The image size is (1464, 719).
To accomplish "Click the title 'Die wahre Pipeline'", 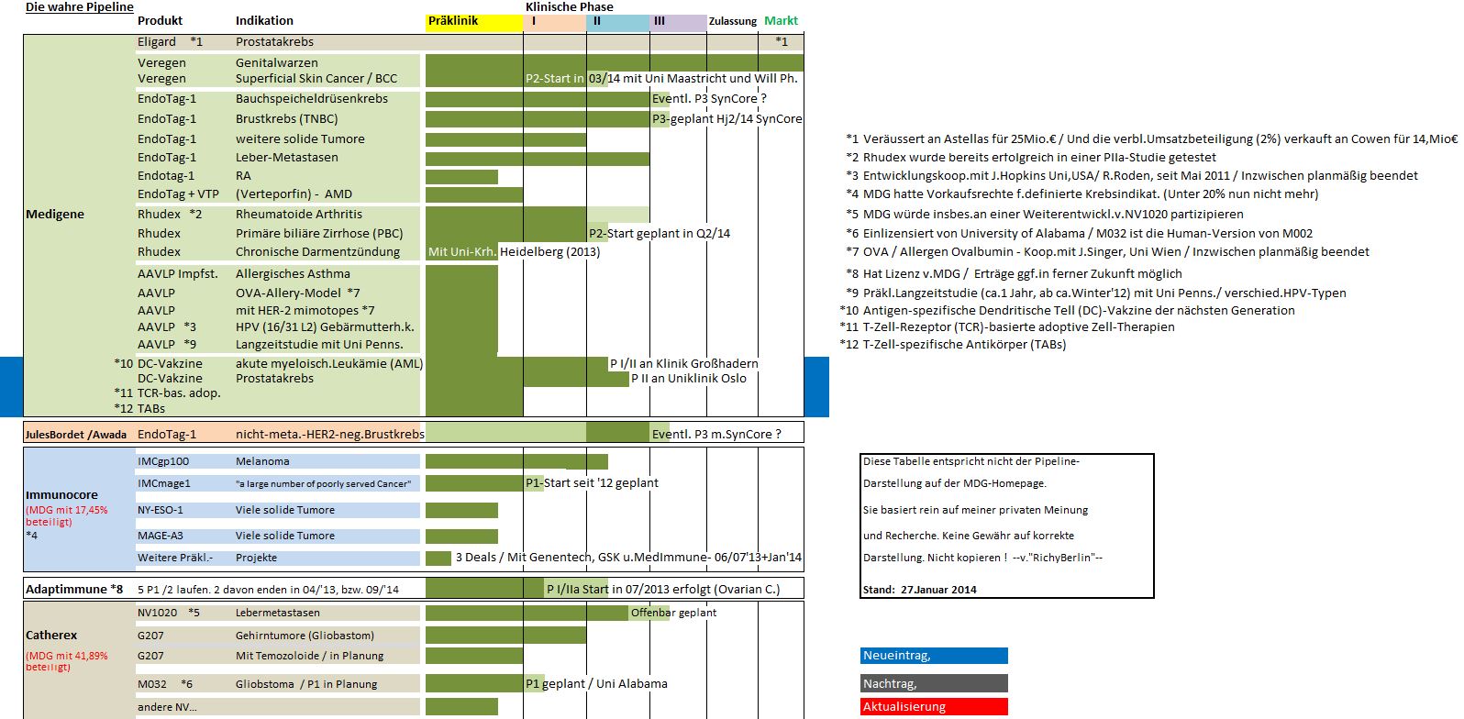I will [x=80, y=7].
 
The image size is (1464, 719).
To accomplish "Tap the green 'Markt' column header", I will [x=781, y=21].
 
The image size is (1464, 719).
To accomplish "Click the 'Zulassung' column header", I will [x=733, y=21].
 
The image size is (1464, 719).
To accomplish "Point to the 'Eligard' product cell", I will [x=157, y=42].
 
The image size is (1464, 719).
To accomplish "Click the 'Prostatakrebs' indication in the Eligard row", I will [x=274, y=42].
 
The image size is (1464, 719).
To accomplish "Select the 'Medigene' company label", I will [x=55, y=215].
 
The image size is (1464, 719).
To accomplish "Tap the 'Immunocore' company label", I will [x=61, y=495].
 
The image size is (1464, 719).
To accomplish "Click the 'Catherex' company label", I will [x=51, y=636].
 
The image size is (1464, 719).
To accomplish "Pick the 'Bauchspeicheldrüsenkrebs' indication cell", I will [x=312, y=99].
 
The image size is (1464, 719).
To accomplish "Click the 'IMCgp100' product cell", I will [x=163, y=461].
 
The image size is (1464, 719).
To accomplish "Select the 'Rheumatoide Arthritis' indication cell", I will [x=299, y=215].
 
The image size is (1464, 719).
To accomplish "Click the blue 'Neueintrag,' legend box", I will [x=934, y=656].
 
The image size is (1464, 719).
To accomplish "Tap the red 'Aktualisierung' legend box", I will [x=934, y=707].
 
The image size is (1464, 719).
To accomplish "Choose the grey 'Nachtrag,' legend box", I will [x=934, y=683].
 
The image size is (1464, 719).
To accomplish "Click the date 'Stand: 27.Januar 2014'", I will [x=919, y=590].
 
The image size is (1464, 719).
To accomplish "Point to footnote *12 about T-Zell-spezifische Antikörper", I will [x=953, y=345].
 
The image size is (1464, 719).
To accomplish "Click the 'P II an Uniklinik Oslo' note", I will [x=689, y=379].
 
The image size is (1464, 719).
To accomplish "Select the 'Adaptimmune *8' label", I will [x=74, y=590].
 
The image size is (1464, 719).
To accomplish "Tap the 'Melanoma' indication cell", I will [x=262, y=461].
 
